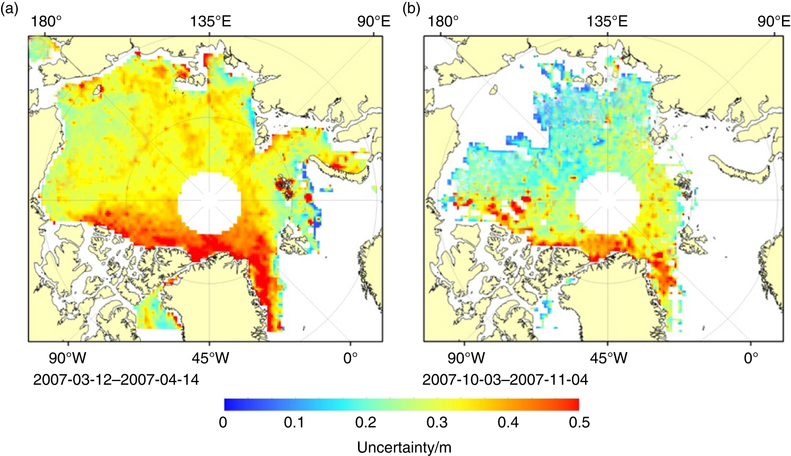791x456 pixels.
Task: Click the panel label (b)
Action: (x=411, y=8)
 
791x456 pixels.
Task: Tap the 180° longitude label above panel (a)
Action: (x=47, y=21)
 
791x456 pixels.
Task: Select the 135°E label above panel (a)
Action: (x=211, y=21)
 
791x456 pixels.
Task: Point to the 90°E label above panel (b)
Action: (x=774, y=21)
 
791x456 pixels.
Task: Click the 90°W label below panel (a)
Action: (x=67, y=358)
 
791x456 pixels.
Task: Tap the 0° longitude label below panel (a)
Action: (x=350, y=358)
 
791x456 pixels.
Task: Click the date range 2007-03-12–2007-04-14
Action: (x=116, y=379)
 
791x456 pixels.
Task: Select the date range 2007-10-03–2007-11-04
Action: (x=505, y=379)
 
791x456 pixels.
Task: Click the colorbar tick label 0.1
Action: (x=294, y=423)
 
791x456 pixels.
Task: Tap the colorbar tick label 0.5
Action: (x=579, y=423)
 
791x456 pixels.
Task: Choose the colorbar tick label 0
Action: (x=223, y=423)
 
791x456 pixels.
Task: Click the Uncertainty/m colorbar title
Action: (x=404, y=448)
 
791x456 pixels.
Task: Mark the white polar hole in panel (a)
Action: (x=210, y=204)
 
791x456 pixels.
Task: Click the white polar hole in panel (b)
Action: (x=607, y=204)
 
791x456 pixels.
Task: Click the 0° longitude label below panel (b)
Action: (x=751, y=358)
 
